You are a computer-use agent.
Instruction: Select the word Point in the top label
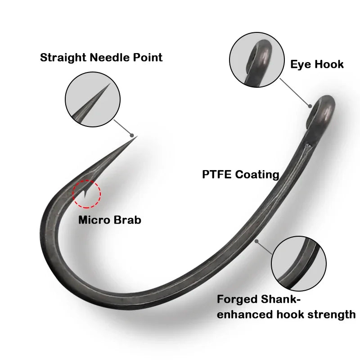[147, 58]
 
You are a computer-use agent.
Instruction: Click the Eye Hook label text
[316, 64]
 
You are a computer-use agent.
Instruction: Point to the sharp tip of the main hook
[136, 137]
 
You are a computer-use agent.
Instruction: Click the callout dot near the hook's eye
[310, 106]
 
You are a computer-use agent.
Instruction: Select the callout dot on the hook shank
[256, 242]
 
